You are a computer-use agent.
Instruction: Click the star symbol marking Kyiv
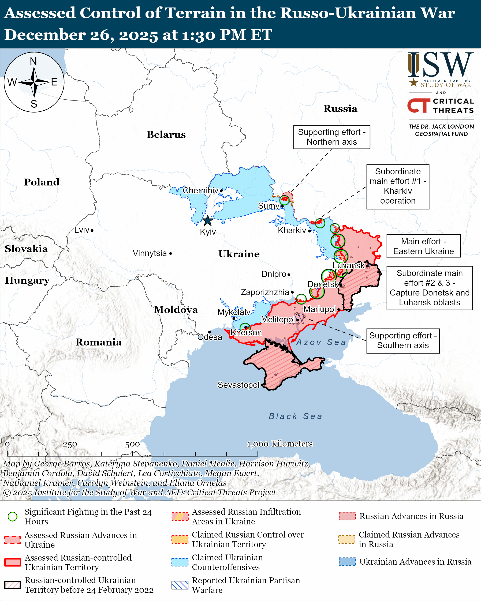coord(208,221)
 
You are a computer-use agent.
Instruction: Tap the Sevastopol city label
coord(238,385)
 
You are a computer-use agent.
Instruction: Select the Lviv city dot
coord(92,230)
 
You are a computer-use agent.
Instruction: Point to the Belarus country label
coord(166,135)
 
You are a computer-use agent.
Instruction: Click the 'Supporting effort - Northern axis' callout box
coord(331,137)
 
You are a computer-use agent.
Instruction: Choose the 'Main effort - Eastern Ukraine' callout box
coord(423,246)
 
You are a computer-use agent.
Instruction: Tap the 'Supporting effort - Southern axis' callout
coord(403,341)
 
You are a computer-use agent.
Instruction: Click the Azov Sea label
coord(321,342)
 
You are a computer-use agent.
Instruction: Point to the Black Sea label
coord(295,416)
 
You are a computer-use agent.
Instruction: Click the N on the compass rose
coord(33,61)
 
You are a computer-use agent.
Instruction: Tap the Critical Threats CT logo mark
coord(418,105)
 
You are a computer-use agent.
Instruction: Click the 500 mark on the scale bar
coord(132,444)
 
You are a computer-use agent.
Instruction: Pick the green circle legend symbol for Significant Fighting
coord(13,517)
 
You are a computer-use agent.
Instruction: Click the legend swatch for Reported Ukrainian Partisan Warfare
coord(180,585)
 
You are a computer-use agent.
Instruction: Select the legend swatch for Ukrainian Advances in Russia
coord(347,562)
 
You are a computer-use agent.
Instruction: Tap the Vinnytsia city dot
coord(171,253)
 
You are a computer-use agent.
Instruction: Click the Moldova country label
coord(176,310)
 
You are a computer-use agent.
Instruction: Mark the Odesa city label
coord(210,337)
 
